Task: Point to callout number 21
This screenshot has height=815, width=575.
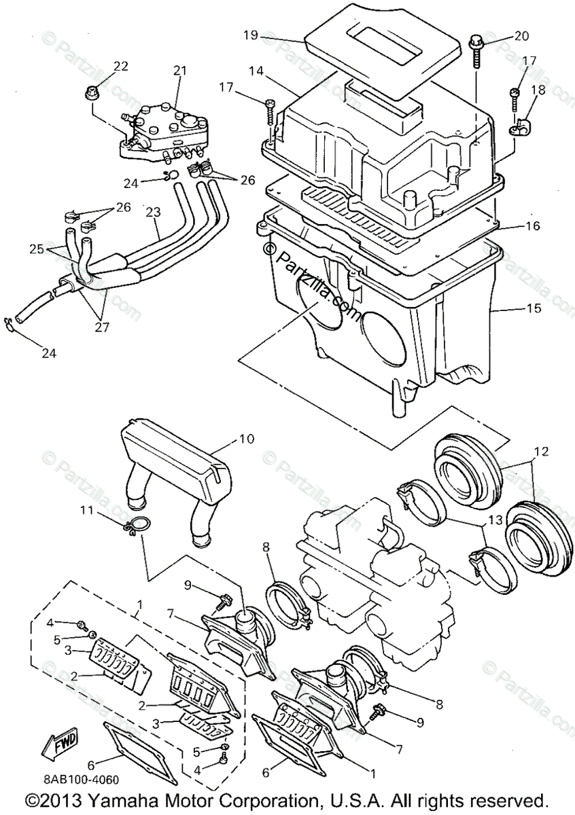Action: point(179,71)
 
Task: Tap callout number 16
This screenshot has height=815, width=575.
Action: point(534,225)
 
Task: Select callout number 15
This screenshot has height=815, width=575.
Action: point(534,308)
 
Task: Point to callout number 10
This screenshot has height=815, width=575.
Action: point(246,439)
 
